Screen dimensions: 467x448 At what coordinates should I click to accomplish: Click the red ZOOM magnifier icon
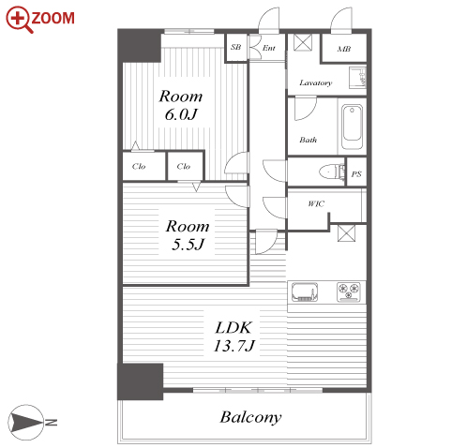tap(19, 19)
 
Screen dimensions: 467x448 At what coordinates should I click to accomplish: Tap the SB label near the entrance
tap(236, 47)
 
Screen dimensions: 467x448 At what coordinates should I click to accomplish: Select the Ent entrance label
tap(269, 48)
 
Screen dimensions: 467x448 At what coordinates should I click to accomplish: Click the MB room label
tap(344, 49)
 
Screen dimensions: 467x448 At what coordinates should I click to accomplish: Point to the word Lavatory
tap(316, 82)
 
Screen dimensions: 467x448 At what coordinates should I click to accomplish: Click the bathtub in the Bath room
tap(353, 127)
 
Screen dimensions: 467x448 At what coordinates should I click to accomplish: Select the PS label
tap(356, 174)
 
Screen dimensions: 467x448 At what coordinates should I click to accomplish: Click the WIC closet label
tap(316, 203)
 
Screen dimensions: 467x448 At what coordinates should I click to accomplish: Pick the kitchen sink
tap(305, 292)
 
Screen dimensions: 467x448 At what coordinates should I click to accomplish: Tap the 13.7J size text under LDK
tap(234, 346)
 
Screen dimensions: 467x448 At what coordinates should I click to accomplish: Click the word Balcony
tap(250, 417)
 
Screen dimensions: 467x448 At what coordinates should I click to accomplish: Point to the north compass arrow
tap(26, 423)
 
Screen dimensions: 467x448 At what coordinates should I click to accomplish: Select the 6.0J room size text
tap(181, 114)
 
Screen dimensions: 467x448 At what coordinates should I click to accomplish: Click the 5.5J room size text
tap(188, 244)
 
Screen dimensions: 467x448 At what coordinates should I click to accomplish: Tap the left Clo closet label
tap(139, 166)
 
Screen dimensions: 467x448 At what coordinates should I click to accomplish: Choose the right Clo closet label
tap(184, 166)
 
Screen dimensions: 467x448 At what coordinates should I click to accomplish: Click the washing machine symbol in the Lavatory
tap(357, 77)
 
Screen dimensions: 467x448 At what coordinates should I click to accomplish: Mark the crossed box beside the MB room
tap(303, 42)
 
